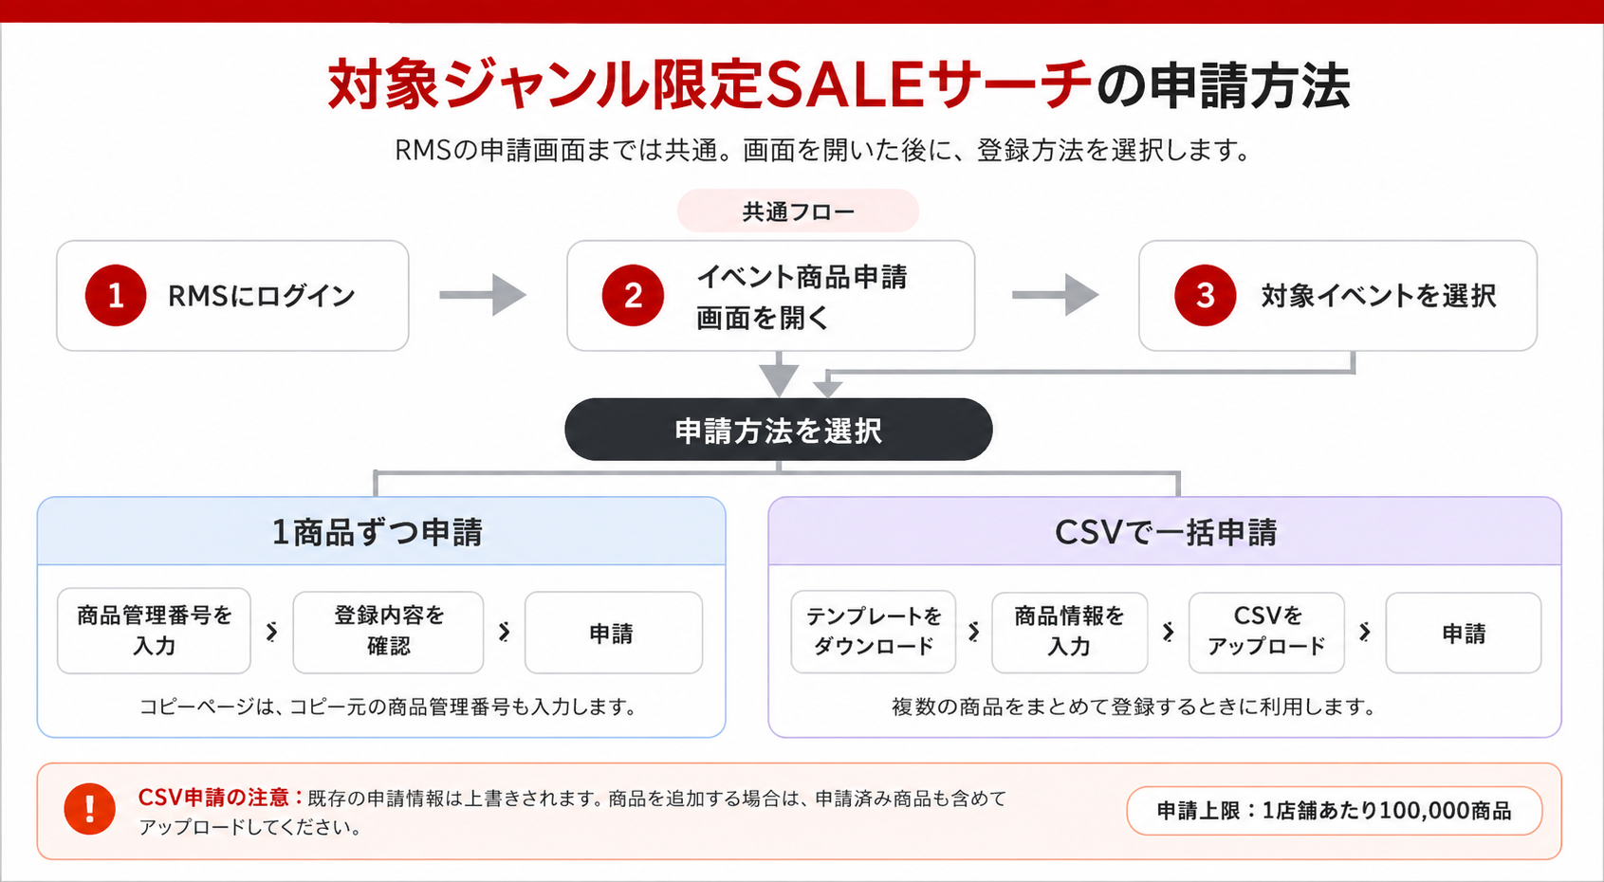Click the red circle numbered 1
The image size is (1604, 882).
116,295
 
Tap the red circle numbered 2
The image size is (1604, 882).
633,295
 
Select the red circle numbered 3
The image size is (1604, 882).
1205,295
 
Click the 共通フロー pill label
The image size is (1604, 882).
798,211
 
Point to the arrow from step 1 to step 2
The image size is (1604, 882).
483,295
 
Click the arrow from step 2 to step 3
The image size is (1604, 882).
1055,295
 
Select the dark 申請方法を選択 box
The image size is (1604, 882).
779,430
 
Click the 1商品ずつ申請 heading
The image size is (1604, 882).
378,533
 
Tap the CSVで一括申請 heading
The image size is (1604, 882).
1165,533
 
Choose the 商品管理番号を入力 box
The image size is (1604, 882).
154,632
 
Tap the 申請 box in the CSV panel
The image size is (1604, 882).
1463,633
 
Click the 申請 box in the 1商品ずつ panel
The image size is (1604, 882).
613,633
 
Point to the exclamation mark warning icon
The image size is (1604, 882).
89,809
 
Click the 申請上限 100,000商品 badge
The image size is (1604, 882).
1334,811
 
